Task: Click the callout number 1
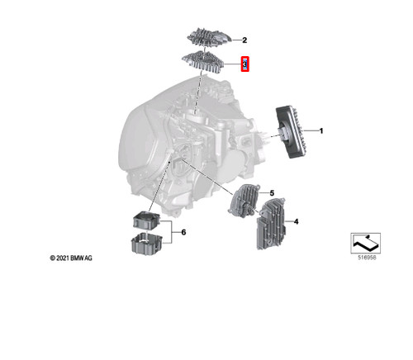321,131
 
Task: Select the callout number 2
244,40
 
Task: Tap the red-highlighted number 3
245,64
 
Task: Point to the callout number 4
295,221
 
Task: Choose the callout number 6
183,233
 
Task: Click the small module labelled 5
245,201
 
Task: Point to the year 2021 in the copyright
61,258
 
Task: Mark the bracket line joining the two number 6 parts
172,233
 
